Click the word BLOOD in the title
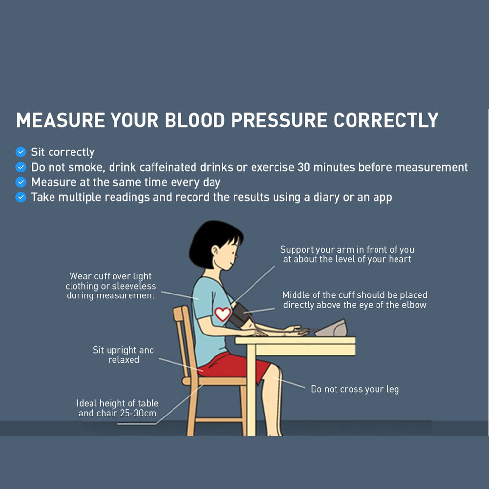(195, 120)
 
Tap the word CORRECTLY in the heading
(386, 120)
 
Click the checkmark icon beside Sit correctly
(21, 152)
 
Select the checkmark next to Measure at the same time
(21, 182)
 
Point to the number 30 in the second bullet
(303, 167)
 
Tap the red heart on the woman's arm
(223, 314)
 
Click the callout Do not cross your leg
(355, 389)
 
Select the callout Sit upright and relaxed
(124, 355)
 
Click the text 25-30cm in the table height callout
(138, 413)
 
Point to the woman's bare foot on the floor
(275, 432)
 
